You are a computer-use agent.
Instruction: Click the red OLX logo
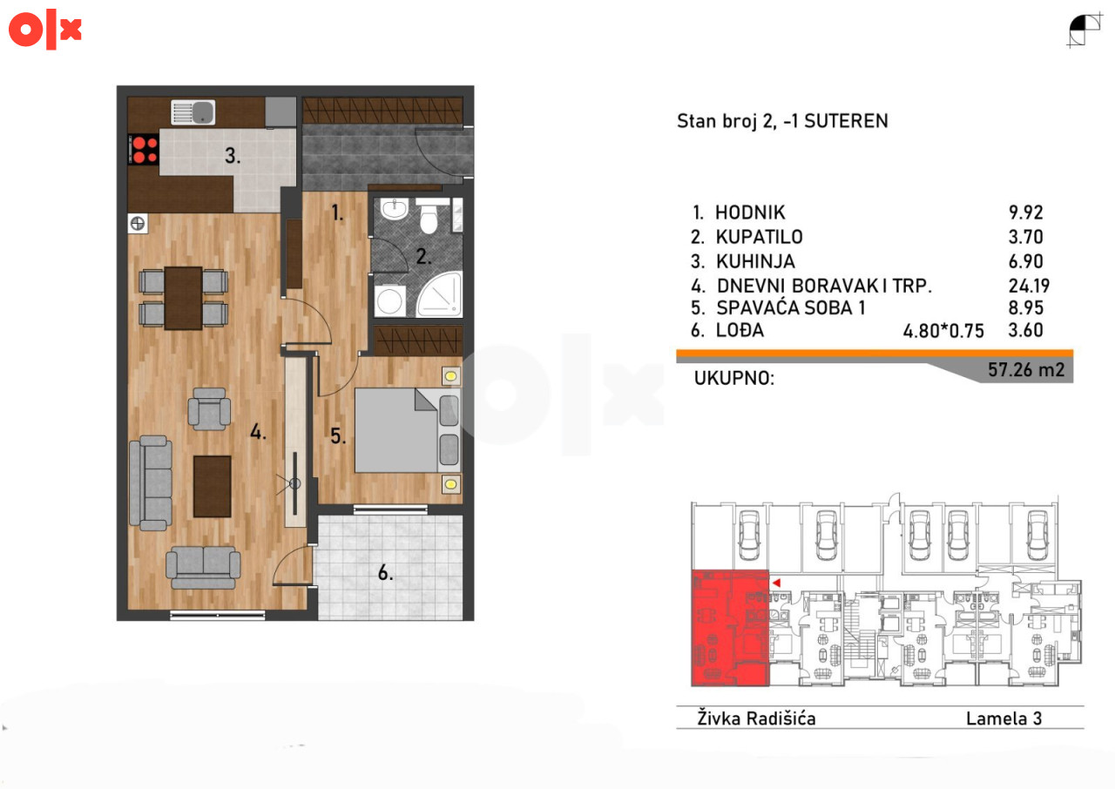[44, 30]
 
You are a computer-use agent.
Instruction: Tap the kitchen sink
[193, 112]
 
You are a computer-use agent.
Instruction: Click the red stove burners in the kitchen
[144, 150]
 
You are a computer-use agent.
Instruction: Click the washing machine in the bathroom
[389, 300]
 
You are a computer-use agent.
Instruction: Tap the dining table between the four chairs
[183, 299]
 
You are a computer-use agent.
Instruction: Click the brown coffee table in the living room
[212, 487]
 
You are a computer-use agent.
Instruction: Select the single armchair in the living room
[210, 409]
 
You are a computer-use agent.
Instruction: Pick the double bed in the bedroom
[408, 430]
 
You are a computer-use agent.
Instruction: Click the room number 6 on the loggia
[385, 573]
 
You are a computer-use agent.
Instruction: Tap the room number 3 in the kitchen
[233, 156]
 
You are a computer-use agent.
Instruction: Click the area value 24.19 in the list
[1029, 286]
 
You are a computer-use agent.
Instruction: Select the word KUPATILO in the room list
[759, 237]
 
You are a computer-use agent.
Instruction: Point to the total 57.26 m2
[1026, 369]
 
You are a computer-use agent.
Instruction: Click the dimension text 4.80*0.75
[943, 331]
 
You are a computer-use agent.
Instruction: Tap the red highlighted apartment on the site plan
[730, 628]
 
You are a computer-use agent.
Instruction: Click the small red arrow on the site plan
[776, 583]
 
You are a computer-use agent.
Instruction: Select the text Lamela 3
[1004, 718]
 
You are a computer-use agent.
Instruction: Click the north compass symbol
[1085, 30]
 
